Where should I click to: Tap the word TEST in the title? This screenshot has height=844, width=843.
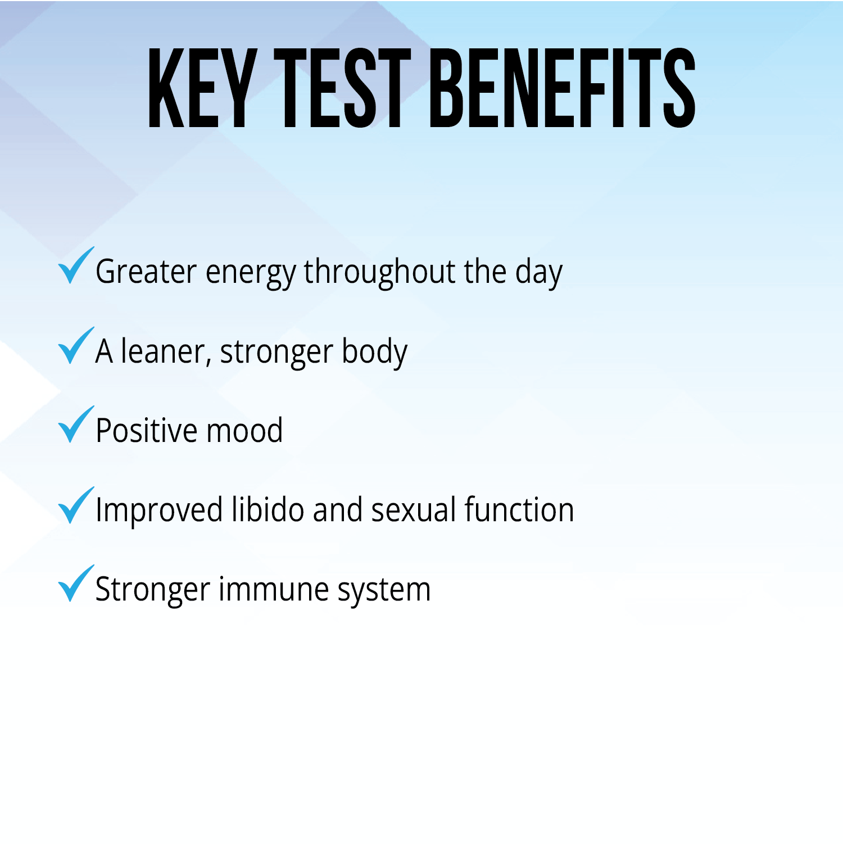pyautogui.click(x=342, y=88)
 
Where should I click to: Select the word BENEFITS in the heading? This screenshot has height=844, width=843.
pyautogui.click(x=564, y=88)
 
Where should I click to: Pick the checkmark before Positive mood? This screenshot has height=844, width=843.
pyautogui.click(x=75, y=425)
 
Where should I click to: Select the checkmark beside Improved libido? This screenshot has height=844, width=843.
pyautogui.click(x=75, y=505)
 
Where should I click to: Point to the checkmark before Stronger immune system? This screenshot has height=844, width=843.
pyautogui.click(x=75, y=584)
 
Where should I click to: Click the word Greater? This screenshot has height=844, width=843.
pyautogui.click(x=146, y=272)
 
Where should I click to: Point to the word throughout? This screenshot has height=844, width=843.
pyautogui.click(x=379, y=272)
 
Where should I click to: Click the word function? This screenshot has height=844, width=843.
pyautogui.click(x=519, y=510)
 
